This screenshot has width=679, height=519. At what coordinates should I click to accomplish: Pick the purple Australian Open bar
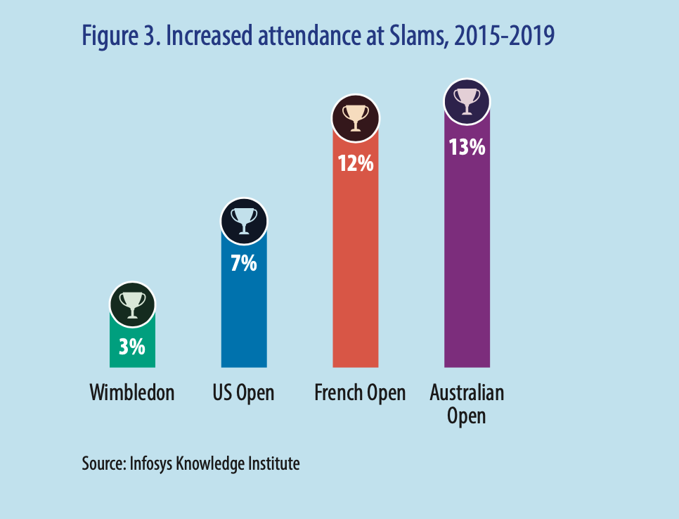click(467, 260)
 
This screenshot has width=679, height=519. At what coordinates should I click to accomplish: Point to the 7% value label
click(244, 264)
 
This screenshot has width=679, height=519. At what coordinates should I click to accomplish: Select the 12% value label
click(356, 163)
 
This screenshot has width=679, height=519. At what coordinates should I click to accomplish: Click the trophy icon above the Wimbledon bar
click(132, 305)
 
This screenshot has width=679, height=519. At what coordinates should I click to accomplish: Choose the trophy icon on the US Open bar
click(244, 221)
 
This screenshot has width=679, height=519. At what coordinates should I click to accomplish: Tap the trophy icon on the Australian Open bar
click(467, 102)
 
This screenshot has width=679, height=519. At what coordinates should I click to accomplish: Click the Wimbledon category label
click(132, 392)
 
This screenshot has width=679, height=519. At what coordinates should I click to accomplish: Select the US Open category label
click(243, 393)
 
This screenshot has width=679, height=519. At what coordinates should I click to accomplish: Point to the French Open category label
click(360, 393)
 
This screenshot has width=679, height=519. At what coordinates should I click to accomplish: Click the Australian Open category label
click(467, 404)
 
